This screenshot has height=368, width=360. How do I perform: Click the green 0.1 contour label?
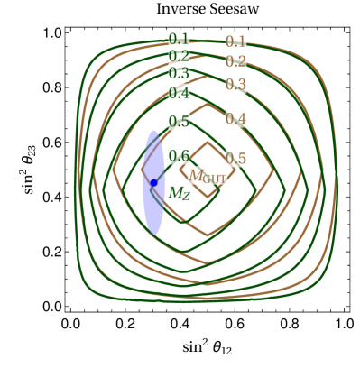(x=179, y=39)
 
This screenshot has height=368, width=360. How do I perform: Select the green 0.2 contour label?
(x=179, y=56)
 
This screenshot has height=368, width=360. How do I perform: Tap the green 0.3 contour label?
(x=179, y=74)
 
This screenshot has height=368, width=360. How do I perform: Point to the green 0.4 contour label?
(x=179, y=93)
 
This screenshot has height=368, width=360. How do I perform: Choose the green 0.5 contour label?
(x=179, y=122)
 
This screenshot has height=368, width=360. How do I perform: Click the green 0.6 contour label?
(x=179, y=156)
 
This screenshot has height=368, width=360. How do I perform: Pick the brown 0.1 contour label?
(x=235, y=41)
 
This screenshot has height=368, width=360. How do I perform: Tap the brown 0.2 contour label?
(x=235, y=61)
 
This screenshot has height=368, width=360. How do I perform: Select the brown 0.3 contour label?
(x=235, y=85)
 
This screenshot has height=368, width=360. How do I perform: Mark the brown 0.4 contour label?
(x=235, y=119)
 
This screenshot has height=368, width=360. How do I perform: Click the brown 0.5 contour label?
(x=235, y=159)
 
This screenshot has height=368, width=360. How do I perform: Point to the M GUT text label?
(x=208, y=177)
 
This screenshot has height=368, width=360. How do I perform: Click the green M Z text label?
(x=179, y=192)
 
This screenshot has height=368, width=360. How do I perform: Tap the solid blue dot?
(x=153, y=183)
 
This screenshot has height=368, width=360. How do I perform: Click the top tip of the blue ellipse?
(x=153, y=131)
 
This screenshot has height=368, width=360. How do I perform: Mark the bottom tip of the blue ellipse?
(x=153, y=234)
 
